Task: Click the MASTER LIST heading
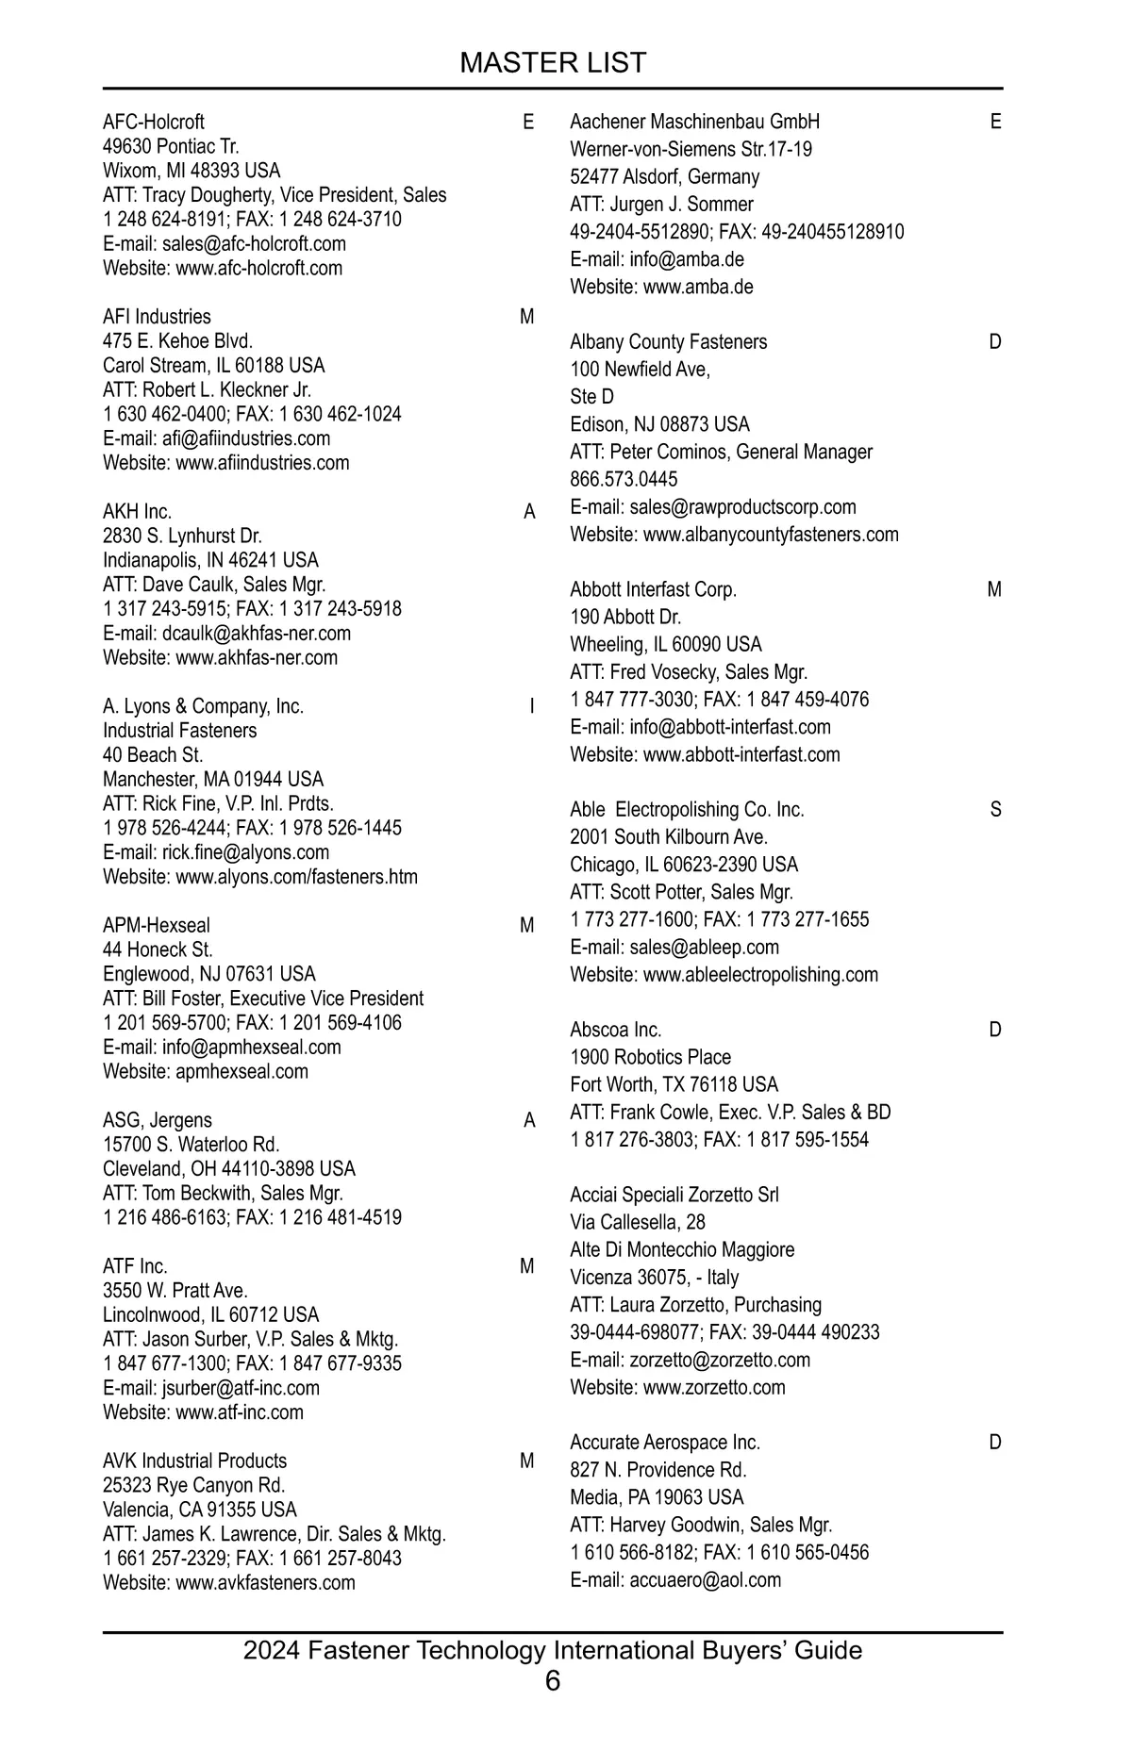tap(553, 62)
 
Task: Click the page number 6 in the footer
tap(553, 1680)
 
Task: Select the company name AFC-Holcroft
tap(153, 122)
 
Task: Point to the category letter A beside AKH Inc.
tap(529, 512)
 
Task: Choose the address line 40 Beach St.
tap(153, 755)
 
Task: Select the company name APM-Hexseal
tap(157, 926)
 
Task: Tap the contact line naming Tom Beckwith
tap(223, 1193)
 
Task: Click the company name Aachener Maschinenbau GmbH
tap(694, 122)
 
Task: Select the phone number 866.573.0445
tap(624, 479)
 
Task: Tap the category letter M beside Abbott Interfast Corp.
tap(994, 590)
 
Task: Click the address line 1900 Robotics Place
tap(650, 1057)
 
